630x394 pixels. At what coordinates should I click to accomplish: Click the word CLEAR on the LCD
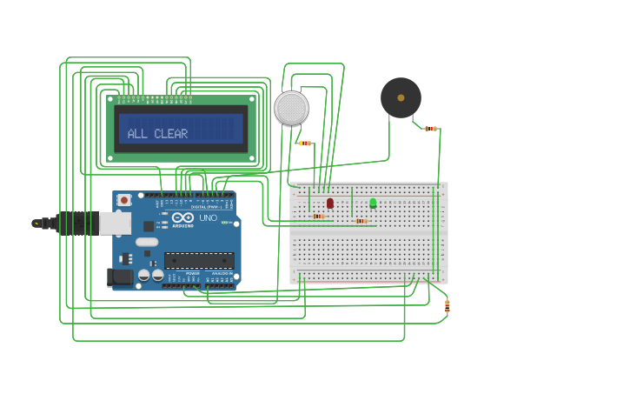click(x=171, y=134)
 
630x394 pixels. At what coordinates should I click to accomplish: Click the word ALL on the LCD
click(x=138, y=134)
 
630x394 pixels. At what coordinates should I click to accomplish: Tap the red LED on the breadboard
click(x=330, y=203)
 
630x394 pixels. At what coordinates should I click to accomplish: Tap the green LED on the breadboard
click(x=373, y=203)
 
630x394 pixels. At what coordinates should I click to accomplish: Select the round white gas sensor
click(x=291, y=108)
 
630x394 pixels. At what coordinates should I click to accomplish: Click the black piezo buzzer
click(x=401, y=97)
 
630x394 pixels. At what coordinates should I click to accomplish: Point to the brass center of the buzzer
click(x=401, y=97)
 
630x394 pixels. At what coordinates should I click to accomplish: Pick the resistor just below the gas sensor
click(x=304, y=144)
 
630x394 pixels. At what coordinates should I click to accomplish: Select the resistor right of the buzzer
click(x=430, y=129)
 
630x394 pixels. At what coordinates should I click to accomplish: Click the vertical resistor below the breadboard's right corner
click(x=447, y=305)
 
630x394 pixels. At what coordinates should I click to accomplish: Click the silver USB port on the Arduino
click(x=115, y=224)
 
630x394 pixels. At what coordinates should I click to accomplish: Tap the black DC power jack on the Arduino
click(x=120, y=277)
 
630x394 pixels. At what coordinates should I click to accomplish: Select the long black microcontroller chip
click(x=199, y=259)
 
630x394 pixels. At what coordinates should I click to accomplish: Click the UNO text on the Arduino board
click(x=209, y=218)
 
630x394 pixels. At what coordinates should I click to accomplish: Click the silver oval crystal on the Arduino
click(x=148, y=242)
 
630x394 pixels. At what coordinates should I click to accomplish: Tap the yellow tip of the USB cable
click(x=36, y=224)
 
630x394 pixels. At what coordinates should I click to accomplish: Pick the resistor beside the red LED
click(x=318, y=217)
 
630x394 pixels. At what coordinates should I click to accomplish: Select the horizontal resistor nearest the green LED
click(x=361, y=221)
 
